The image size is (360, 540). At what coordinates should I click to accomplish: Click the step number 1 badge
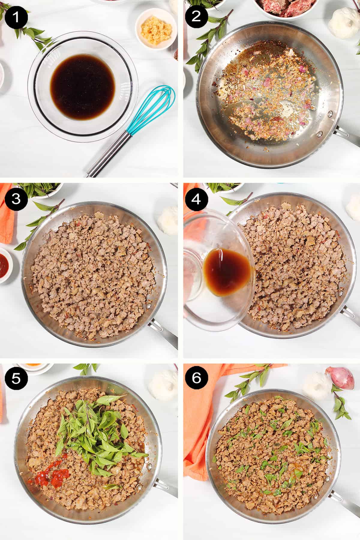pyautogui.click(x=16, y=16)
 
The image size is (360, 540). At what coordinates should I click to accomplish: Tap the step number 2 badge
pyautogui.click(x=196, y=16)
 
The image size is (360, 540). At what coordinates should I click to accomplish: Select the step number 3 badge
pyautogui.click(x=16, y=199)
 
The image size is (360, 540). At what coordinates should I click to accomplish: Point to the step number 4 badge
pyautogui.click(x=196, y=199)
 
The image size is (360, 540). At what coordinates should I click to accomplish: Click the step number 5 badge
pyautogui.click(x=16, y=378)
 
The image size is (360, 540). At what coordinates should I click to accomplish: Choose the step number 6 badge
pyautogui.click(x=196, y=378)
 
